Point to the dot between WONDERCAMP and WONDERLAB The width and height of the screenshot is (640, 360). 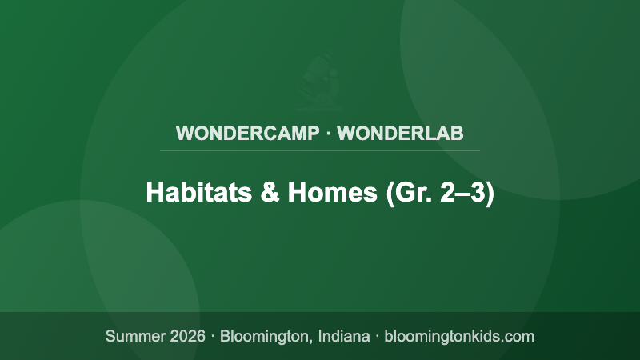pos(328,133)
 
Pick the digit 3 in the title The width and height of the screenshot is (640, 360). pos(478,194)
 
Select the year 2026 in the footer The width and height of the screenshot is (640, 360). pos(187,336)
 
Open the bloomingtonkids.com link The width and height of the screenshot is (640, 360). pos(459,336)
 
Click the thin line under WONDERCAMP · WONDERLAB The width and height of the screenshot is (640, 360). pos(320,150)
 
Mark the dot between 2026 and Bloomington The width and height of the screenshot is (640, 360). pos(214,336)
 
